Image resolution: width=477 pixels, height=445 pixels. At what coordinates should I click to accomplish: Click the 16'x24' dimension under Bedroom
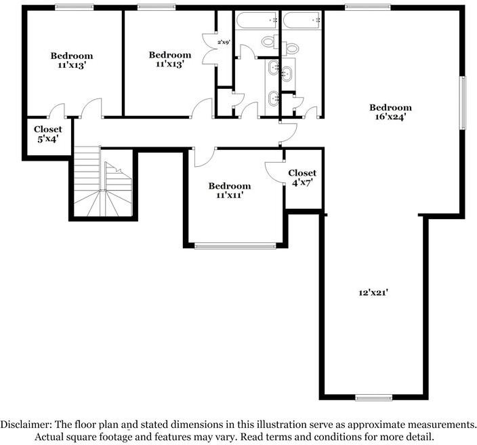point(390,117)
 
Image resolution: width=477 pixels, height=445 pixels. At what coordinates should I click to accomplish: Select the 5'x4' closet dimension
point(47,139)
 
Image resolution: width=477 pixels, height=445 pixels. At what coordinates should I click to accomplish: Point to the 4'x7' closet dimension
point(302,182)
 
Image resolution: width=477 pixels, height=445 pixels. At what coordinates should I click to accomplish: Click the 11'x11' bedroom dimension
point(229,195)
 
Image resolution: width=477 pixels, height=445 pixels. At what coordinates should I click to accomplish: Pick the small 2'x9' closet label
point(224,43)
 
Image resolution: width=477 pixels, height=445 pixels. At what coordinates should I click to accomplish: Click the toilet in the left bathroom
point(268,42)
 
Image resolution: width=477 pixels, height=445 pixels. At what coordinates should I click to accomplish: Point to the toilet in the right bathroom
point(291,47)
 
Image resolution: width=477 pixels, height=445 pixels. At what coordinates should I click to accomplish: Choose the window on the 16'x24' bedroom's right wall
point(463,102)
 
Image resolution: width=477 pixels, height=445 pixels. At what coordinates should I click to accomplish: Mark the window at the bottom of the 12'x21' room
point(373,398)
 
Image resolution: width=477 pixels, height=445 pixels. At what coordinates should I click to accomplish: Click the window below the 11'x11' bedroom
point(235,246)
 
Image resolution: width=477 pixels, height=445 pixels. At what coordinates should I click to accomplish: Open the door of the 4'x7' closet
point(274,172)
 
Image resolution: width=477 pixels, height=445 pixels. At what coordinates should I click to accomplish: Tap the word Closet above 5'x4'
point(47,129)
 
